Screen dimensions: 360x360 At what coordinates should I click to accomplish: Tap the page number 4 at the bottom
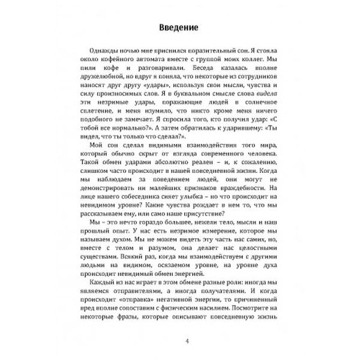(x=187, y=342)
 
